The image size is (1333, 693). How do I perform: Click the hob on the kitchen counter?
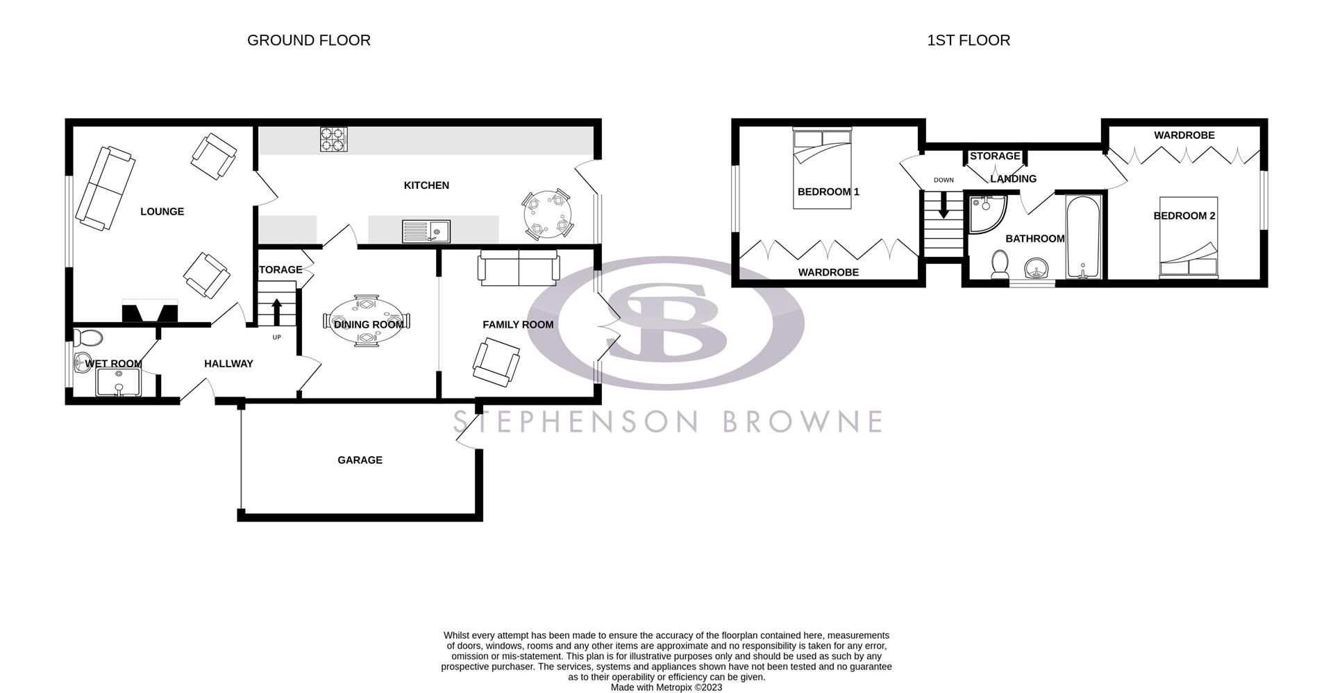coord(333,140)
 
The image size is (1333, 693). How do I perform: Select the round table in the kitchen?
coord(548,215)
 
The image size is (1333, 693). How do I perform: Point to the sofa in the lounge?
coord(105,187)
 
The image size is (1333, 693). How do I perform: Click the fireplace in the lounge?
coord(150,312)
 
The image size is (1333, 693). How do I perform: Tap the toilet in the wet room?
coord(90,338)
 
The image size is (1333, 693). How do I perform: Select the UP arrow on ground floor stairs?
coord(276,311)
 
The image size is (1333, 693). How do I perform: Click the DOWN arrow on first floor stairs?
coord(943,206)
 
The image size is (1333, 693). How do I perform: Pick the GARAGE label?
coord(360,460)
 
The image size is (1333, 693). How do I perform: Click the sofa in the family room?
coord(518,269)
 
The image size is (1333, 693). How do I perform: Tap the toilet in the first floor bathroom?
coord(1000,265)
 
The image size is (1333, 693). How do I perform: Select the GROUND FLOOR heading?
coord(309,40)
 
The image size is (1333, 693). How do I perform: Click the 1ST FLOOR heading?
coord(969,40)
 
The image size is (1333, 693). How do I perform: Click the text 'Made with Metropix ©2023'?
coord(666,687)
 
